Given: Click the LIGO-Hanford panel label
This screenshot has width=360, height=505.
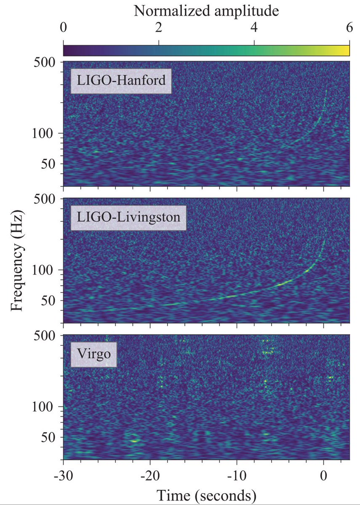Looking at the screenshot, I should tap(120, 80).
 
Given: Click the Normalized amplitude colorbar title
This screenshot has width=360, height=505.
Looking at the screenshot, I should tap(206, 11).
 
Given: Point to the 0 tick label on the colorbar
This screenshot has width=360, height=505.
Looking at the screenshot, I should tap(63, 28).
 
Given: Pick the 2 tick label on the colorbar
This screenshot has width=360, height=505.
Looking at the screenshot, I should tap(159, 28).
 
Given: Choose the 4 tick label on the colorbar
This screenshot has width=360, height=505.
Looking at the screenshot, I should tap(254, 28).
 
